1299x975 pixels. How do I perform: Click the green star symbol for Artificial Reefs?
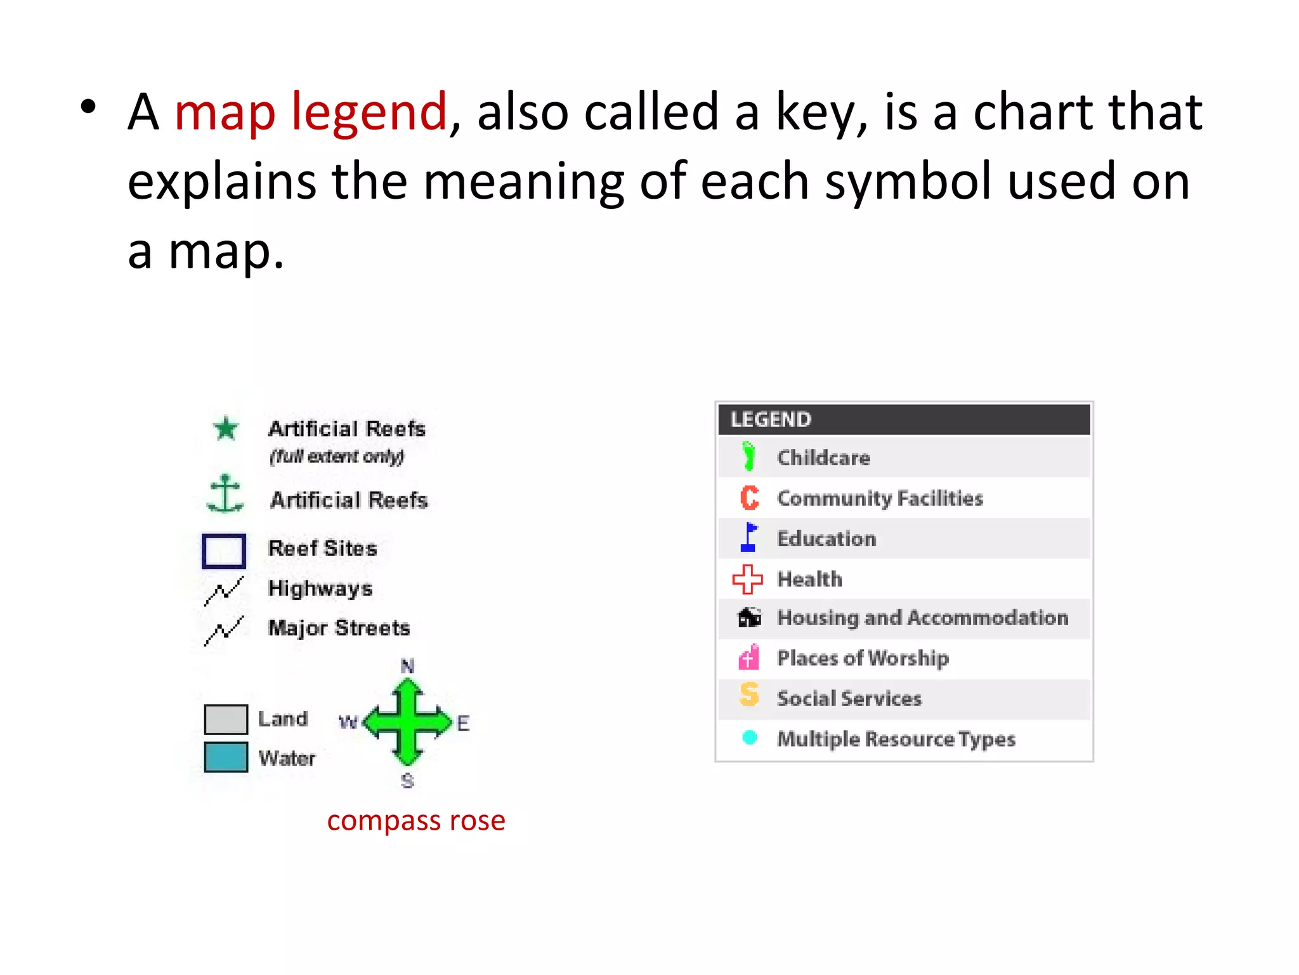pos(226,428)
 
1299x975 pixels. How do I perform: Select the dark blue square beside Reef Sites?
pos(224,550)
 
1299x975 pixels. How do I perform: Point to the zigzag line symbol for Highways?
pos(224,591)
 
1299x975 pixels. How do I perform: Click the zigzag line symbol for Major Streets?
pos(224,630)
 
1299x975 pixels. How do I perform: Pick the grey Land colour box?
pos(226,719)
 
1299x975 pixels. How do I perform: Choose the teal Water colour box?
pos(226,757)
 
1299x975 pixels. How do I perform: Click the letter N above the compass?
pos(408,666)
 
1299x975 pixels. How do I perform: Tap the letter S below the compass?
pos(407,781)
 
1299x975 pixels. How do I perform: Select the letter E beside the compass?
pos(463,723)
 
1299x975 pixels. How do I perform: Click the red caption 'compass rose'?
pos(416,821)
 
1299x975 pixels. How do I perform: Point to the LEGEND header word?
pos(771,420)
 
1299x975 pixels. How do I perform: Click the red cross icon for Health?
pos(748,579)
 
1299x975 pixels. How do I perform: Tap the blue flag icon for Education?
pos(749,537)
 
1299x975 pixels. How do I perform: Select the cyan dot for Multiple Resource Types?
pos(750,738)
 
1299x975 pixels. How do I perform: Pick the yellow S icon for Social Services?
pos(749,694)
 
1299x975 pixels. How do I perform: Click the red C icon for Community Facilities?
pos(749,498)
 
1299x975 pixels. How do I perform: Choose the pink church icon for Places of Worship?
pos(749,657)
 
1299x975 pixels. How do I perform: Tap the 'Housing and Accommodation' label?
pos(923,618)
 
